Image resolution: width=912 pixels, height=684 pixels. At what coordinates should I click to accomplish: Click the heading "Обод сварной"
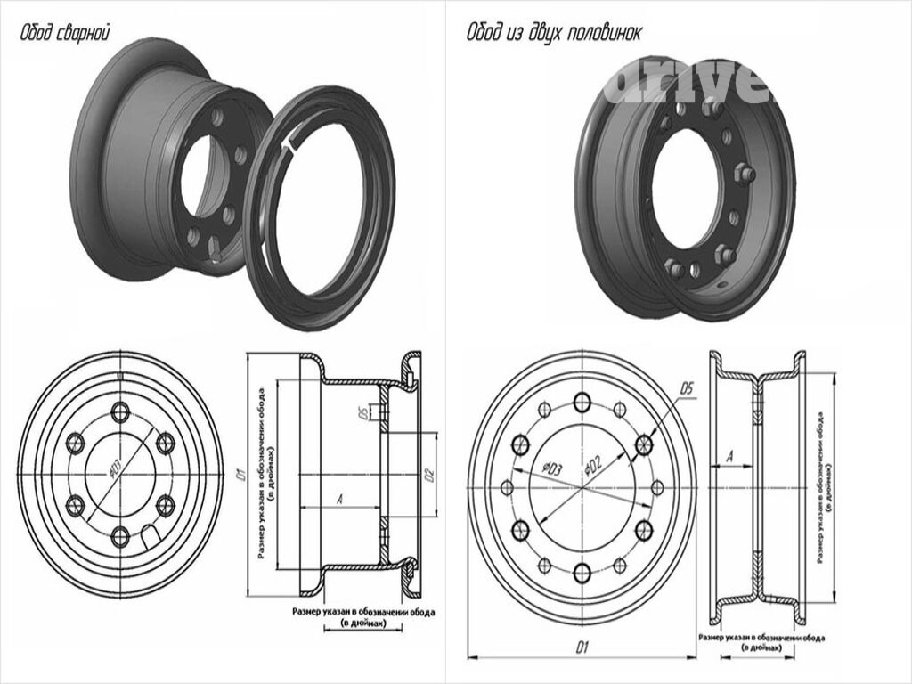click(65, 34)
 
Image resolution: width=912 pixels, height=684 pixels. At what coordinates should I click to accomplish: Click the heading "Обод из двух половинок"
click(554, 33)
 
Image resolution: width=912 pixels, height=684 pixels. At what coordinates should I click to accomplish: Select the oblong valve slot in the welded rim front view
click(151, 537)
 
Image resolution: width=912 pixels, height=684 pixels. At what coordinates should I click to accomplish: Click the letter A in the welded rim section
click(339, 500)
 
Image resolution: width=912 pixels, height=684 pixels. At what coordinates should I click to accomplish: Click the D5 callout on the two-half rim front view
click(687, 388)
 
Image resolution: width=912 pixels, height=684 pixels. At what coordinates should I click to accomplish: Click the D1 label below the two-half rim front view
click(583, 647)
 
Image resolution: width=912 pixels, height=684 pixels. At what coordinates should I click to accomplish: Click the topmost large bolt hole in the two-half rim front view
click(582, 403)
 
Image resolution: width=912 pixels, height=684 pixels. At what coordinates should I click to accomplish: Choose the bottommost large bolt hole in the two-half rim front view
click(582, 573)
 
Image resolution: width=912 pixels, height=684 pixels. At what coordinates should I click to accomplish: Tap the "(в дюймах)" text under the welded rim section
click(363, 623)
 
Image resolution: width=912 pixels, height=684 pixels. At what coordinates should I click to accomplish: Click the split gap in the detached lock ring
click(287, 143)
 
